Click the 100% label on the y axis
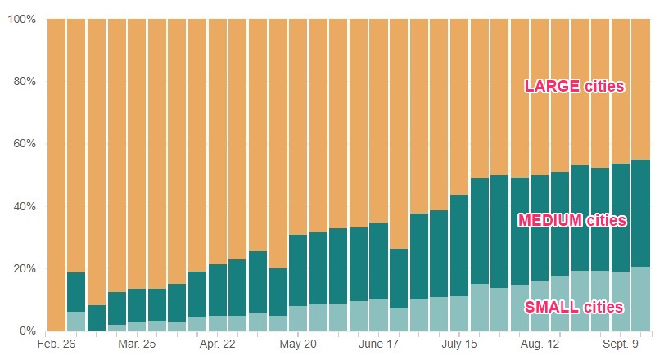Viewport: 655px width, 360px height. (x=22, y=19)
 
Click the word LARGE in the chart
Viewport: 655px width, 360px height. (x=553, y=86)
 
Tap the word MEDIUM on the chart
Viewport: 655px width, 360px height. (x=551, y=220)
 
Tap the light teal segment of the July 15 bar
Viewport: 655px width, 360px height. (x=459, y=313)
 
